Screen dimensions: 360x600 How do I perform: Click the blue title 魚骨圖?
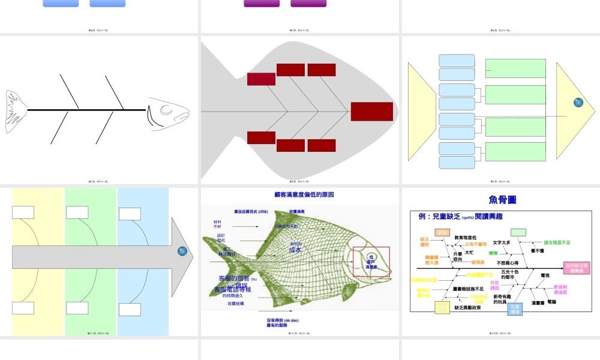(502, 200)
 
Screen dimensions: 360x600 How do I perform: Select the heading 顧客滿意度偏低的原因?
(304, 195)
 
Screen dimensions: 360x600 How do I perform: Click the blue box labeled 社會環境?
(515, 308)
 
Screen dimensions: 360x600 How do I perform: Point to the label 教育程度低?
(465, 238)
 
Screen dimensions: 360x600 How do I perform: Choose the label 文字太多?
(502, 242)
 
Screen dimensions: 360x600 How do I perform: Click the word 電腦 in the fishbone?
(551, 302)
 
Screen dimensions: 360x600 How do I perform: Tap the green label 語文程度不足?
(557, 242)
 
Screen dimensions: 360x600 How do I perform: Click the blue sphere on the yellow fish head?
(578, 103)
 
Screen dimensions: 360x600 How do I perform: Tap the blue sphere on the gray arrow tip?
(183, 253)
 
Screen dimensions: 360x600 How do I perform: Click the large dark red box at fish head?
(371, 112)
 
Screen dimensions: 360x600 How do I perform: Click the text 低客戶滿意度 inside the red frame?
(371, 261)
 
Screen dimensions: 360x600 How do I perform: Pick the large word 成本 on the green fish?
(295, 250)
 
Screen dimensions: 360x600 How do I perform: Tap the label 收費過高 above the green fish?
(297, 212)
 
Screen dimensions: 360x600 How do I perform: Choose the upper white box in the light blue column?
(130, 214)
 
